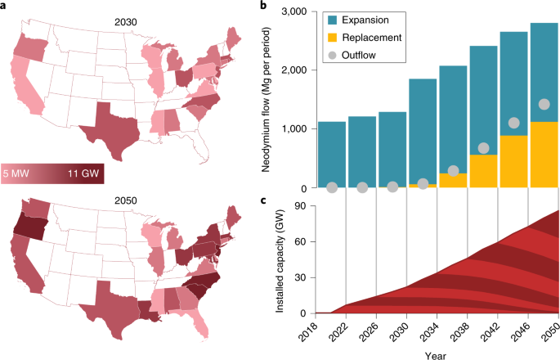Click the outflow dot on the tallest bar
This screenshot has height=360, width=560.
click(544, 104)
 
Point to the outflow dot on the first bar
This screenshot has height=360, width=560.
click(332, 187)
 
